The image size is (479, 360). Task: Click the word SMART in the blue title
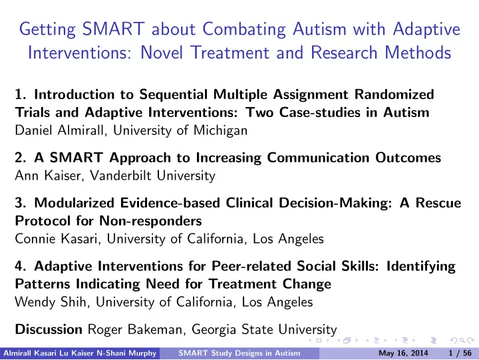[113, 29]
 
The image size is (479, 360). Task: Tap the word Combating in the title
[244, 30]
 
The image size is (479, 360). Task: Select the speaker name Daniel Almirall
[59, 130]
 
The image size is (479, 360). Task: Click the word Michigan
[220, 131]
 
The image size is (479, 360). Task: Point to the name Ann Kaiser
[48, 176]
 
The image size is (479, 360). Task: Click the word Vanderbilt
[120, 176]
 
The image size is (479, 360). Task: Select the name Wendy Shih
[51, 302]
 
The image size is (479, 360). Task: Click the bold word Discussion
[49, 329]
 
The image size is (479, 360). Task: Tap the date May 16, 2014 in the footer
[403, 353]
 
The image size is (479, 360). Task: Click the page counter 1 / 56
[460, 353]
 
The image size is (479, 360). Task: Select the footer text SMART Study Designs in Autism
[239, 353]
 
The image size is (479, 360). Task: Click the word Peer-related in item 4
[251, 266]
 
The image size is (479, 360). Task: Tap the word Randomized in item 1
[395, 94]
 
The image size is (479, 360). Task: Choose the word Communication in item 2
[318, 158]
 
